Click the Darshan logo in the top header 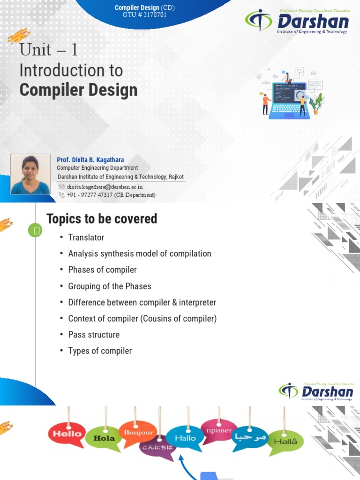coord(297,22)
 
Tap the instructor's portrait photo coord(30,174)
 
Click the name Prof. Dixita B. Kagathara coord(90,160)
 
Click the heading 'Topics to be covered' coord(102,218)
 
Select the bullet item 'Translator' coord(86,237)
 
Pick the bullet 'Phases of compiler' coord(102,270)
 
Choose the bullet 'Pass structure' coord(94,334)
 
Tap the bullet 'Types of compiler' coord(100,351)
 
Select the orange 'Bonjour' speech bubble coord(138,433)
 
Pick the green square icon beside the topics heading coord(35,230)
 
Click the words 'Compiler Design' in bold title coord(78,90)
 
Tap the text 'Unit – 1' coord(48,50)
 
